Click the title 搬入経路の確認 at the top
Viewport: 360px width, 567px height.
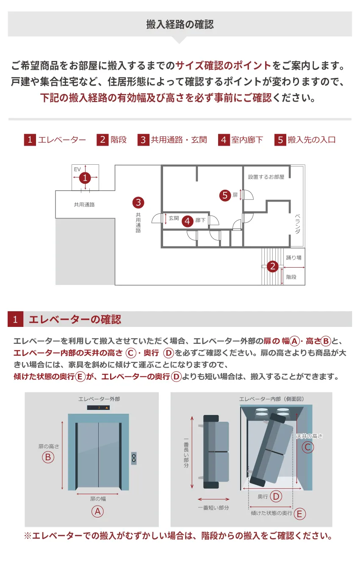coord(180,24)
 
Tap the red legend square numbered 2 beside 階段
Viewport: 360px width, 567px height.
coord(102,140)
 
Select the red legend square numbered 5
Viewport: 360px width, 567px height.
coord(280,140)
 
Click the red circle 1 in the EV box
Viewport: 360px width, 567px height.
coord(85,178)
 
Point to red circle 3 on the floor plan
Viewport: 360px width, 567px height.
coord(138,202)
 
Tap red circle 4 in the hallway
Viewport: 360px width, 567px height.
coord(187,221)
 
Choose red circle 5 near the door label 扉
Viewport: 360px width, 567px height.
coord(225,195)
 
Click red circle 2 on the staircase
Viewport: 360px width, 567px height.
coord(273,266)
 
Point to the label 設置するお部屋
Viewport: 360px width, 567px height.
coord(266,177)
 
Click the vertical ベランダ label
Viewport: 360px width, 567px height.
coord(297,224)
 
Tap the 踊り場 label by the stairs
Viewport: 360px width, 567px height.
coord(294,258)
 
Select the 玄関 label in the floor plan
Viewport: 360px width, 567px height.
coord(174,218)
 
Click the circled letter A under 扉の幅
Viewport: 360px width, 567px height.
coord(98,512)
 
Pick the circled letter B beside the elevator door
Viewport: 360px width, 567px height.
coord(48,457)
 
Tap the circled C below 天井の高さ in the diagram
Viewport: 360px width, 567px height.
coord(308,447)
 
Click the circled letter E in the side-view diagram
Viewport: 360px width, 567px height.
coord(300,514)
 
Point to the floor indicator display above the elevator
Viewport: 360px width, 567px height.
coord(98,407)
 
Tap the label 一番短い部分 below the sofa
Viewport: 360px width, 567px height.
coord(213,508)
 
